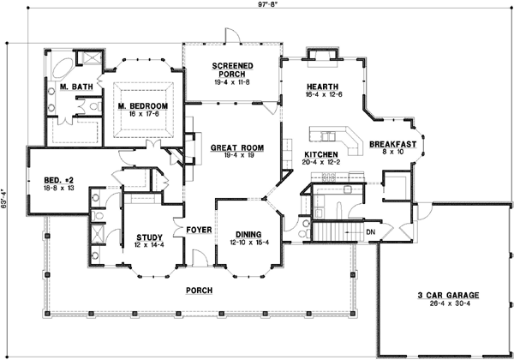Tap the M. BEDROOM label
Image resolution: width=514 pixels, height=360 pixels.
(142, 106)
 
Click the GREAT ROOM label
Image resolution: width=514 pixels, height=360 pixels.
(236, 147)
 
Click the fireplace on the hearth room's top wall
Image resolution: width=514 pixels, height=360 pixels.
(321, 56)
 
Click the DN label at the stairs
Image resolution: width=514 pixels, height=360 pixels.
(370, 231)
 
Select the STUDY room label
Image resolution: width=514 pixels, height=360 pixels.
(150, 237)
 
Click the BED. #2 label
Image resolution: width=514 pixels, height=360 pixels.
(59, 180)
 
